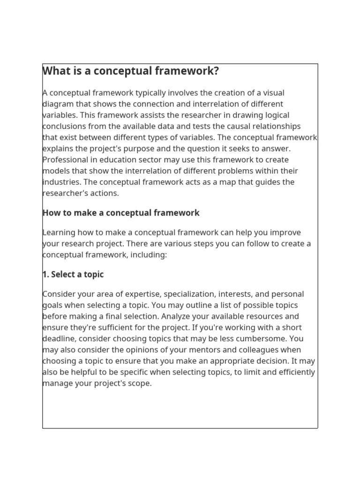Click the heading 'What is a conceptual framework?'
coord(130,71)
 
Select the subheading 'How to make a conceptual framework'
coord(120,213)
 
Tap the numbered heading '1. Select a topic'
coord(73,274)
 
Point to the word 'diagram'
coord(57,104)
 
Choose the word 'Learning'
coord(59,232)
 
